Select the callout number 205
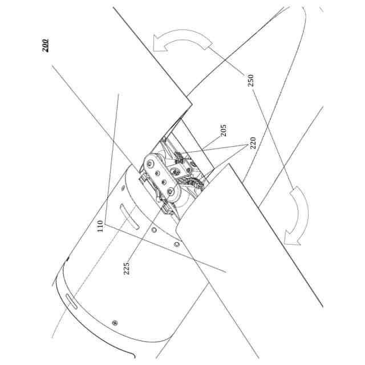(x=223, y=132)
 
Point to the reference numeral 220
(x=252, y=142)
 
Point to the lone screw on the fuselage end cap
(x=115, y=322)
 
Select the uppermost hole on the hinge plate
(x=149, y=164)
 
